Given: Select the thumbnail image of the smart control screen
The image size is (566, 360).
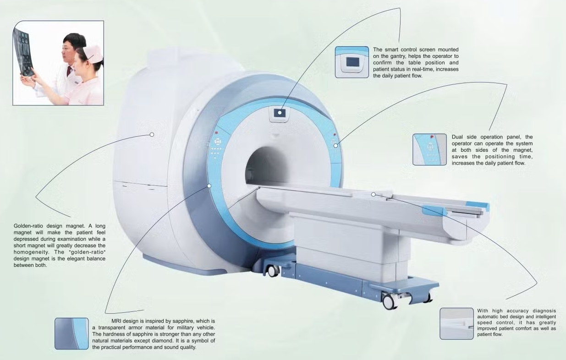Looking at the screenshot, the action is click(352, 62).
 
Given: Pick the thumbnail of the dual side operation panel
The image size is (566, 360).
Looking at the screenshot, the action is click(429, 150).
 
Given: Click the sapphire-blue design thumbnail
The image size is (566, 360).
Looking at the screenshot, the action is click(71, 334).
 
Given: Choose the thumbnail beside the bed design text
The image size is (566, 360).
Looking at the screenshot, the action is click(456, 323).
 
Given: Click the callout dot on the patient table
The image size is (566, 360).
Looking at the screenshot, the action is click(374, 194).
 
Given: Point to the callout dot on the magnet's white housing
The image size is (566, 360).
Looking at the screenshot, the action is click(152, 134).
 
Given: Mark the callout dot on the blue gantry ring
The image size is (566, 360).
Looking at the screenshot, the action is click(209, 186).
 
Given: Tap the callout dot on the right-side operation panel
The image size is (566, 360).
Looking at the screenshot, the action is click(336, 145).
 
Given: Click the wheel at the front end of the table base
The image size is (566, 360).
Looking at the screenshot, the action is click(389, 301).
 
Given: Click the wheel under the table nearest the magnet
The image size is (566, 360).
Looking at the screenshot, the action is click(272, 271).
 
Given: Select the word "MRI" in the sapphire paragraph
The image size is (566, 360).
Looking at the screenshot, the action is click(117, 321).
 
